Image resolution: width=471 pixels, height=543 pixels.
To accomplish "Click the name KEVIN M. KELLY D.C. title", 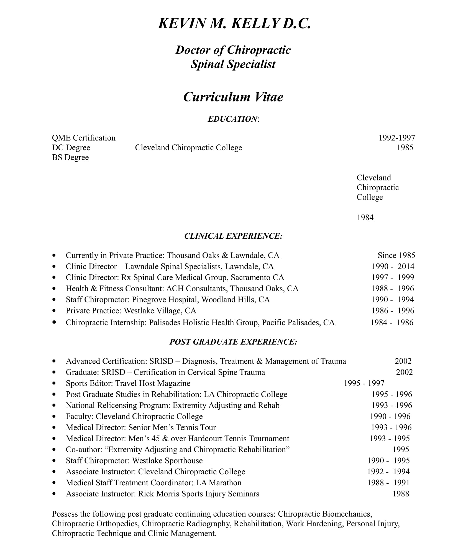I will pos(234,23).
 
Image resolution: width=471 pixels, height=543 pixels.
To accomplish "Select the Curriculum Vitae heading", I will pos(233,97).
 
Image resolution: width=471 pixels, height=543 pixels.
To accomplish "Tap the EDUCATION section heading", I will pos(233,119).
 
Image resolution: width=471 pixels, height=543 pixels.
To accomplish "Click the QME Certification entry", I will pos(84,138).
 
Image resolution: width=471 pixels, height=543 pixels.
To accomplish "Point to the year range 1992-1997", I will pos(397,138).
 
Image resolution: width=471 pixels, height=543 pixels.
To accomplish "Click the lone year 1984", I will pos(365,218).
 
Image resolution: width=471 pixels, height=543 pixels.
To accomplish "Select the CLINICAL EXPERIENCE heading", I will pos(233,236).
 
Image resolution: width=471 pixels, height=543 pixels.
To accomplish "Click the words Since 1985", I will pos(396,255).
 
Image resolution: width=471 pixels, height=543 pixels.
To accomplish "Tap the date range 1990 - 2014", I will pos(393,266).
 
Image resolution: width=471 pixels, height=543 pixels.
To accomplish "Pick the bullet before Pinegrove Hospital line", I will pos(54,300).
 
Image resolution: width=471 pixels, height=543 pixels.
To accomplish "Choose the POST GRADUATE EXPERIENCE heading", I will pos(233,342).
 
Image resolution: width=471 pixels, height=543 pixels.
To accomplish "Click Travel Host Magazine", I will pos(153,383).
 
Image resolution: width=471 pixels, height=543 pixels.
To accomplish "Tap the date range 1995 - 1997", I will pos(364,383).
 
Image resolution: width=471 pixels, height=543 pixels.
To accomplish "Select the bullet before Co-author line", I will pos(54,450).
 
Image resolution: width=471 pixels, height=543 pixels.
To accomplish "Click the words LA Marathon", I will pos(219,483).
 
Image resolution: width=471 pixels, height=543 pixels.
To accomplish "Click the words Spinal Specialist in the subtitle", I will pos(233,64).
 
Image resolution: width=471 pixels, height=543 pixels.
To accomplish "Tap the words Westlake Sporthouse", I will pos(167,460).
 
